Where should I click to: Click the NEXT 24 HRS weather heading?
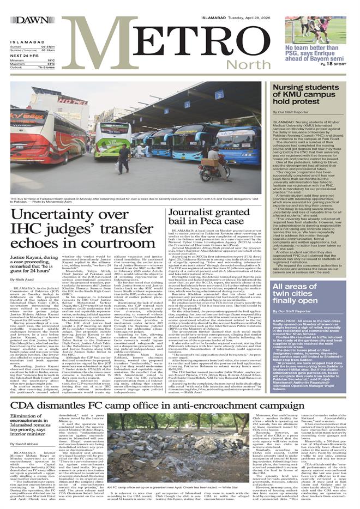point(23,55)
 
